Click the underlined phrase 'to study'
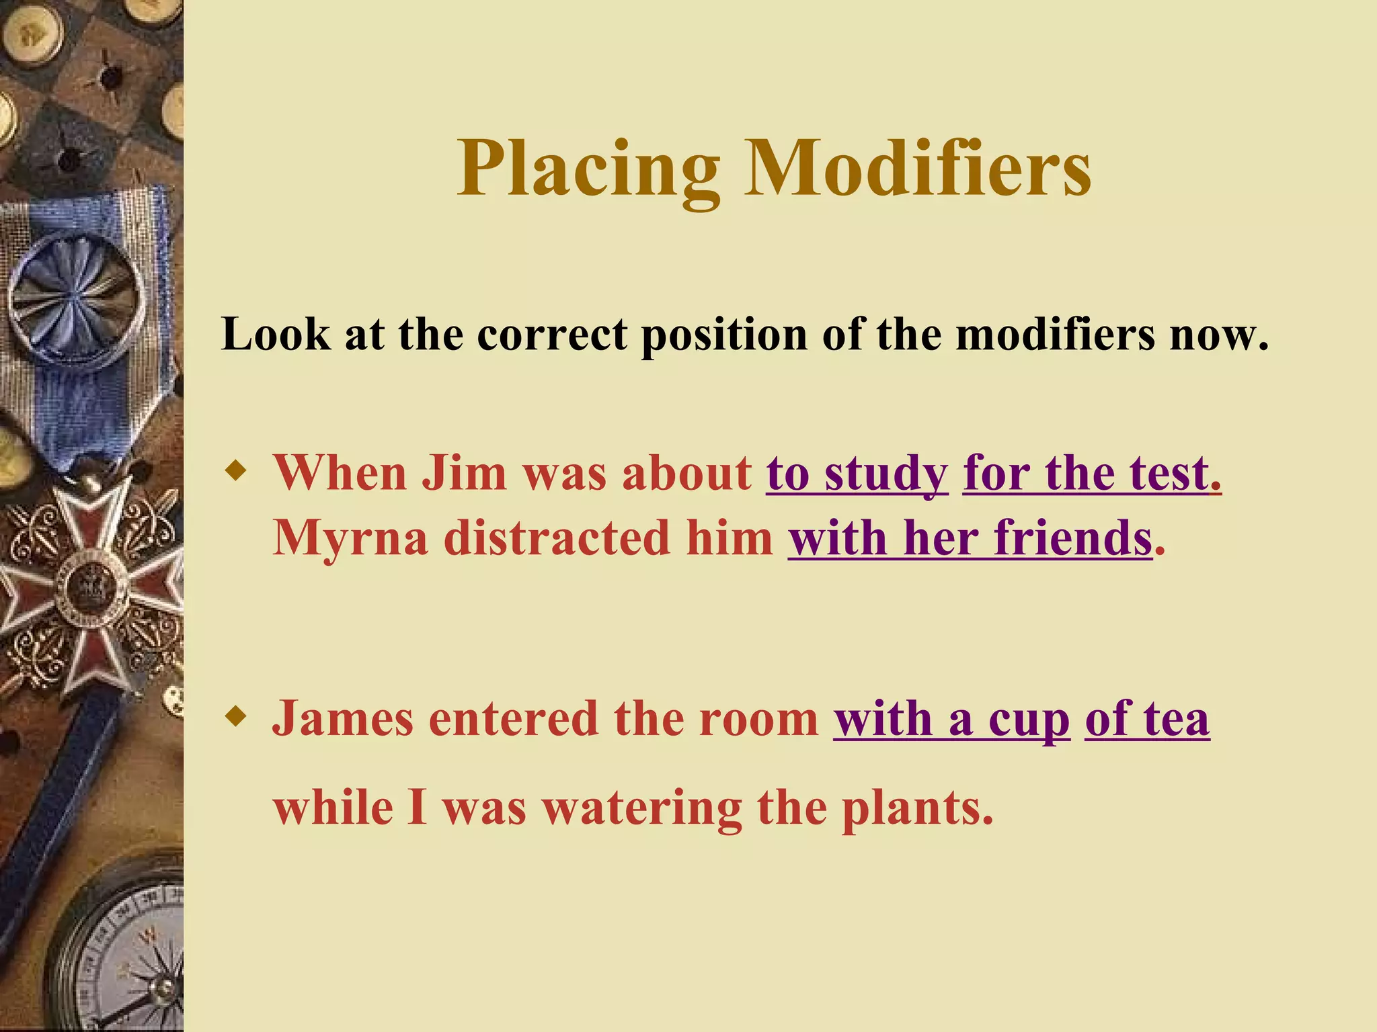[x=857, y=473]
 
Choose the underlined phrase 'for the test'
[x=1087, y=473]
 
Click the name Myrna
[x=350, y=538]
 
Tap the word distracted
[x=557, y=538]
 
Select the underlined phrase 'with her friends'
[x=970, y=538]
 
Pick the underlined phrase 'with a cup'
[x=951, y=719]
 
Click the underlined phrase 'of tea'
[x=1147, y=719]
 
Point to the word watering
[x=642, y=808]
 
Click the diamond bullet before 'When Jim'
[x=235, y=470]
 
